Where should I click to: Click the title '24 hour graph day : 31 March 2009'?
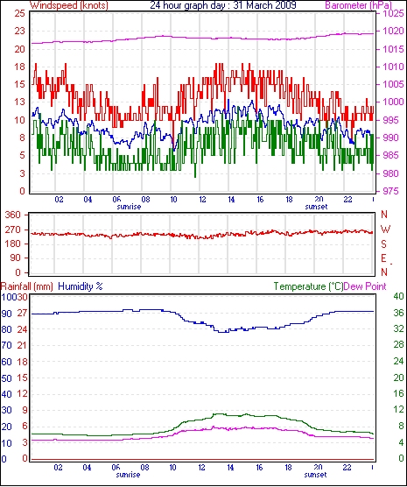tap(223, 5)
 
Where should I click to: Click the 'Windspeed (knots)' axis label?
tap(69, 5)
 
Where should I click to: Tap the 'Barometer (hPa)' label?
tap(358, 5)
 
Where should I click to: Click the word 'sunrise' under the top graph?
tap(129, 207)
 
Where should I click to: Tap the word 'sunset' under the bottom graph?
tap(315, 475)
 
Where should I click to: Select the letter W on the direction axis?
tap(385, 229)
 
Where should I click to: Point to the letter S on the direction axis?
tap(384, 244)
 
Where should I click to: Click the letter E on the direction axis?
tap(384, 258)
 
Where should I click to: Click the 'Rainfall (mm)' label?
tap(27, 286)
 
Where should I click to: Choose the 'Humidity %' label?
tap(81, 286)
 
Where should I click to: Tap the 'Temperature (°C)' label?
tap(309, 286)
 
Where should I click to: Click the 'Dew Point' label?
tap(365, 286)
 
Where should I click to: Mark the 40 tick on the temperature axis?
tap(398, 296)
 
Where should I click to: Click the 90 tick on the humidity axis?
tap(6, 314)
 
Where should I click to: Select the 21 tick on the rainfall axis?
tap(22, 346)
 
